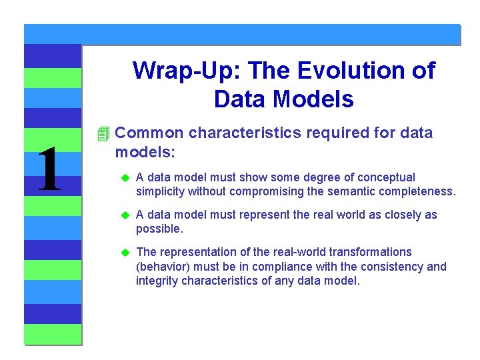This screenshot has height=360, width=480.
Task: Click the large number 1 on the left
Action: (x=49, y=170)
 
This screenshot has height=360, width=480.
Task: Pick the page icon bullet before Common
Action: (x=102, y=134)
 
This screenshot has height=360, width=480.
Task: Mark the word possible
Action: (x=158, y=229)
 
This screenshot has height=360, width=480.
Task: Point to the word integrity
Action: (x=155, y=281)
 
